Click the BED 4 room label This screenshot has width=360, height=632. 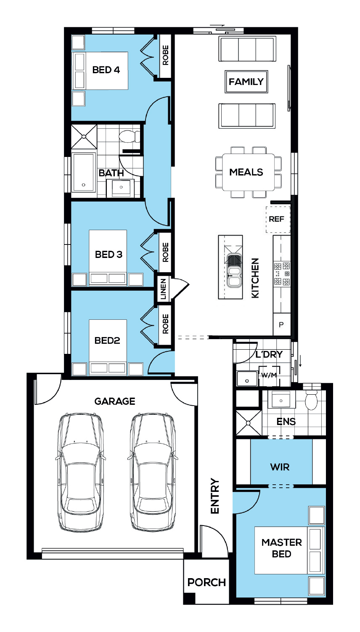coord(106,70)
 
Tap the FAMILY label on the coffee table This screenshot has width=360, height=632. coord(246,82)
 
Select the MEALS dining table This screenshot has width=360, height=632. coord(249,172)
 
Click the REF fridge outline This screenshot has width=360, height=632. coord(278,220)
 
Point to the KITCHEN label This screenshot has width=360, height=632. coord(255,278)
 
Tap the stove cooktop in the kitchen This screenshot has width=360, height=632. coord(282,274)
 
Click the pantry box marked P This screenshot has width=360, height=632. coord(282,324)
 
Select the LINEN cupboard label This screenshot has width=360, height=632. coord(163,289)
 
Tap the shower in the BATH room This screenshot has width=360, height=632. coord(84,137)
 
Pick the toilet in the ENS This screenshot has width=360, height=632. coord(312,398)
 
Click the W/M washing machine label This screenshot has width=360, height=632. coord(269,375)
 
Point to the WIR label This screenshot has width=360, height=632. coord(280,467)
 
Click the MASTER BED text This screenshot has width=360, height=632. coord(282,548)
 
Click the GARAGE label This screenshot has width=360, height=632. coord(115,401)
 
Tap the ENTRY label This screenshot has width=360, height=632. coord(215,496)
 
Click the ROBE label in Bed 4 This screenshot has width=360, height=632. coord(165,55)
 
